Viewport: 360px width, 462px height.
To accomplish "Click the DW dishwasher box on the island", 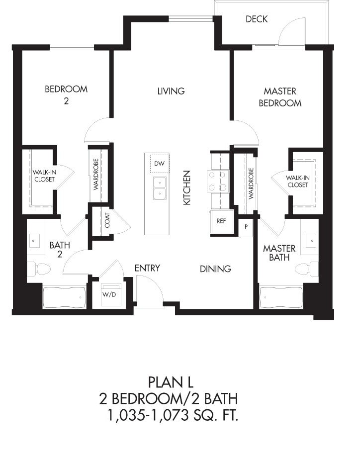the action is tap(160, 164).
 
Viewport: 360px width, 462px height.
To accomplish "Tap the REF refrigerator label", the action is tap(221, 221).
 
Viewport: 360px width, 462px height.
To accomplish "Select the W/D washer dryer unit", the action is tap(111, 294).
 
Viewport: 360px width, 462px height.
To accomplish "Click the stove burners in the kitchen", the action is tap(218, 181).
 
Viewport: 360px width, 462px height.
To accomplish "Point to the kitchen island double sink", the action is tap(160, 188).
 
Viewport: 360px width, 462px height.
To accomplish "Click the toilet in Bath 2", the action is tap(39, 269).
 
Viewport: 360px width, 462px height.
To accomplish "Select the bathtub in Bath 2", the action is tap(65, 297).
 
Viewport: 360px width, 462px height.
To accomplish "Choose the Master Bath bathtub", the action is tap(281, 297).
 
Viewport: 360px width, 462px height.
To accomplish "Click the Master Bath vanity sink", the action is tap(311, 240).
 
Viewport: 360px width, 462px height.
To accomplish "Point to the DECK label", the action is tap(257, 19).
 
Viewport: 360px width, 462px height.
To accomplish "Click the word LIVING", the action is tap(171, 91).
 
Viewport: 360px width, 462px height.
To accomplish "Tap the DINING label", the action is tap(215, 269).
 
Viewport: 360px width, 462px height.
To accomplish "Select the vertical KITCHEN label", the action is tap(187, 187).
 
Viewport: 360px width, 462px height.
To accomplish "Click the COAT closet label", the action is tap(107, 220).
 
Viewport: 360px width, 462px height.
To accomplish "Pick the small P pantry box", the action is tap(246, 227).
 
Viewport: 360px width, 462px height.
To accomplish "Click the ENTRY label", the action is tap(147, 268).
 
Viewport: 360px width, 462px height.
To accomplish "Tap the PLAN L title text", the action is tap(171, 382).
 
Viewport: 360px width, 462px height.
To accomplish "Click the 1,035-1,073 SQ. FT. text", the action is tap(173, 415).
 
